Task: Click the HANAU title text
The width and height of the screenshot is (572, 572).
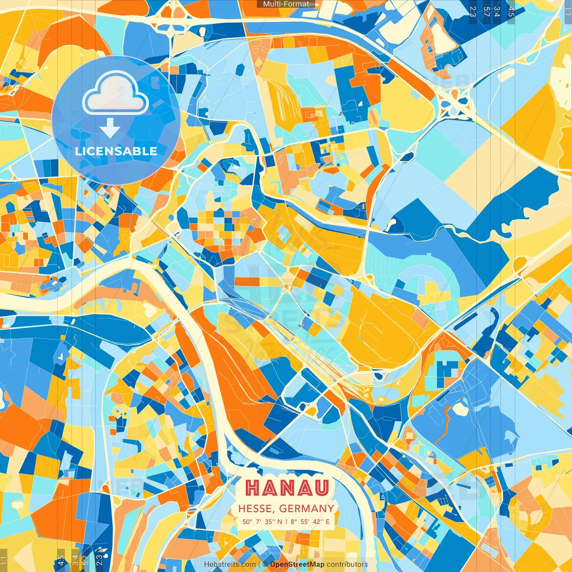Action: [287, 488]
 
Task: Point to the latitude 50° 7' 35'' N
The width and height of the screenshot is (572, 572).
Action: [262, 522]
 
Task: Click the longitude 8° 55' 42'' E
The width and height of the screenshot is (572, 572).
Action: [310, 522]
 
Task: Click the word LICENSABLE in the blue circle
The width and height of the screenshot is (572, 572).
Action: [116, 151]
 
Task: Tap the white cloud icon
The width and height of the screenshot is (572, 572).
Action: [116, 93]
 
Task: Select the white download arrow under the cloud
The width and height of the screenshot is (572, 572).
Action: [110, 128]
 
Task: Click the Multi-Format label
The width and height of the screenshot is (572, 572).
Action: [286, 4]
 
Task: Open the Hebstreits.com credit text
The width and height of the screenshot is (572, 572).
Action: [230, 564]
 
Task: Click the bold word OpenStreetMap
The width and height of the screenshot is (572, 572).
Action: [297, 564]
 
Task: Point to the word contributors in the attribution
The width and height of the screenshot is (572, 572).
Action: [347, 564]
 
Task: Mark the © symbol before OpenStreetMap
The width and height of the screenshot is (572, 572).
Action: [265, 564]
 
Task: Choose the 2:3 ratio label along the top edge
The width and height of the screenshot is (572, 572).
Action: [473, 11]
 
